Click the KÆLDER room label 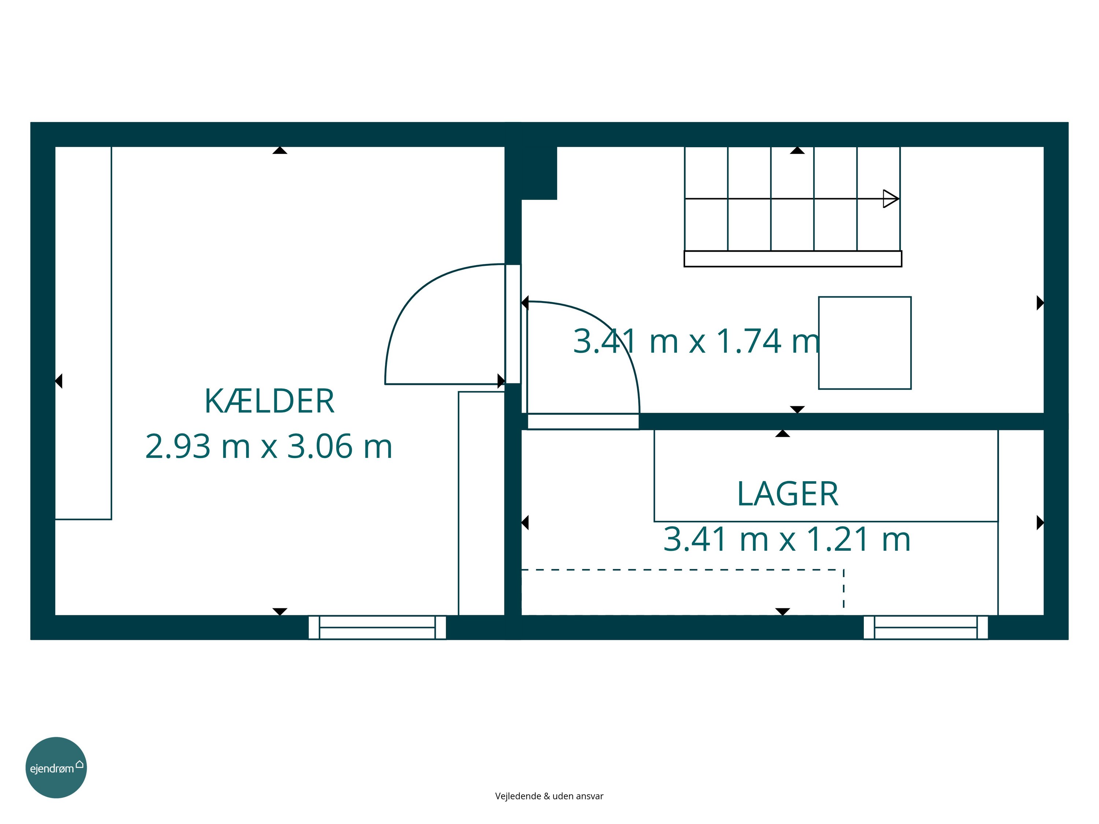coord(269,401)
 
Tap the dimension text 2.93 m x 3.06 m coord(269,446)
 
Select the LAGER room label coord(788,494)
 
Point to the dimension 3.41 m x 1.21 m coord(787,539)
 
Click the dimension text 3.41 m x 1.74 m coord(696,341)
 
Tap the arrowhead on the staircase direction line coord(890,198)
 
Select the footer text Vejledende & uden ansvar coord(549,796)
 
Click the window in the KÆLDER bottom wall coord(377,627)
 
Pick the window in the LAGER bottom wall coord(926,627)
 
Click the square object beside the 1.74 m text coord(865,343)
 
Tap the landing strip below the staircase coord(792,259)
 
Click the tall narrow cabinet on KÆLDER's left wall coord(83,333)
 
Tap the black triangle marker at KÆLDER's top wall coord(280,150)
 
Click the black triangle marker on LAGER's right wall coord(1040,523)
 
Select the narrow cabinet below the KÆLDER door coord(481,503)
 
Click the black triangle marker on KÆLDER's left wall coord(59,381)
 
